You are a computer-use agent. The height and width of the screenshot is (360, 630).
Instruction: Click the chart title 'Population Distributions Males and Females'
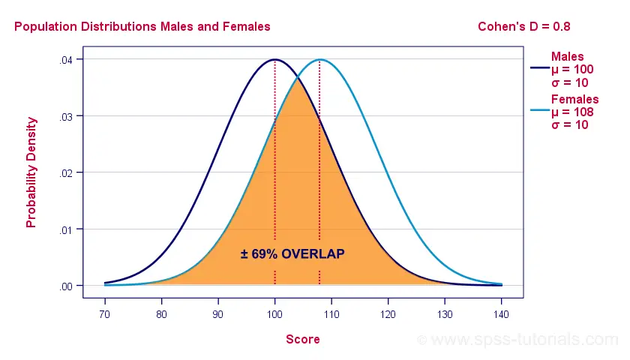[x=142, y=27]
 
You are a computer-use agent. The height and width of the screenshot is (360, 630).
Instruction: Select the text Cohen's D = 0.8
[x=524, y=27]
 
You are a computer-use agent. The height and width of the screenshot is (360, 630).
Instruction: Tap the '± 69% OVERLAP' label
[x=292, y=254]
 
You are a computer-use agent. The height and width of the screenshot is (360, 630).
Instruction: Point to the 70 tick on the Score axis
[x=105, y=314]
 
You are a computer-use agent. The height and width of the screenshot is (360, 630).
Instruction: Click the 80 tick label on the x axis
[x=161, y=314]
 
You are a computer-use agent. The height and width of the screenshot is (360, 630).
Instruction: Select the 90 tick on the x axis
[x=218, y=314]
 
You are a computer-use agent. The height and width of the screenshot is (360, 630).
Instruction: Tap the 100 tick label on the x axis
[x=274, y=314]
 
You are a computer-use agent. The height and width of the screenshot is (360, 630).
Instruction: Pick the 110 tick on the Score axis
[x=331, y=314]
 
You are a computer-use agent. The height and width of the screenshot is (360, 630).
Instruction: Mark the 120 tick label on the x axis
[x=388, y=314]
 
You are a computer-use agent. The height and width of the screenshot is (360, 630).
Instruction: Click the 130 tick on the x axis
[x=445, y=314]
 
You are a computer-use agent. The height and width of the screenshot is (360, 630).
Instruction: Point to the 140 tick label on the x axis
[x=501, y=314]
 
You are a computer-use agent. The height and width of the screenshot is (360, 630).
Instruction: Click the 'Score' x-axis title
[x=303, y=339]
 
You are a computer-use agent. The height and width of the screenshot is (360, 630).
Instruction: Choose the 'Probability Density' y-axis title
[x=31, y=172]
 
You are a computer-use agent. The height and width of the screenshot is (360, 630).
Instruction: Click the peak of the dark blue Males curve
[x=274, y=59]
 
